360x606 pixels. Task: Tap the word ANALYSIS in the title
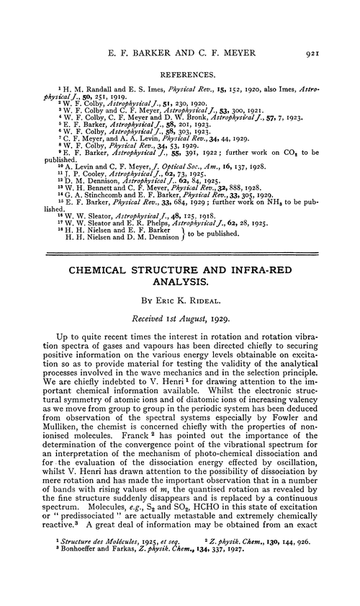179,264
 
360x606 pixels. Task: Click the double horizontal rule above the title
179,234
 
